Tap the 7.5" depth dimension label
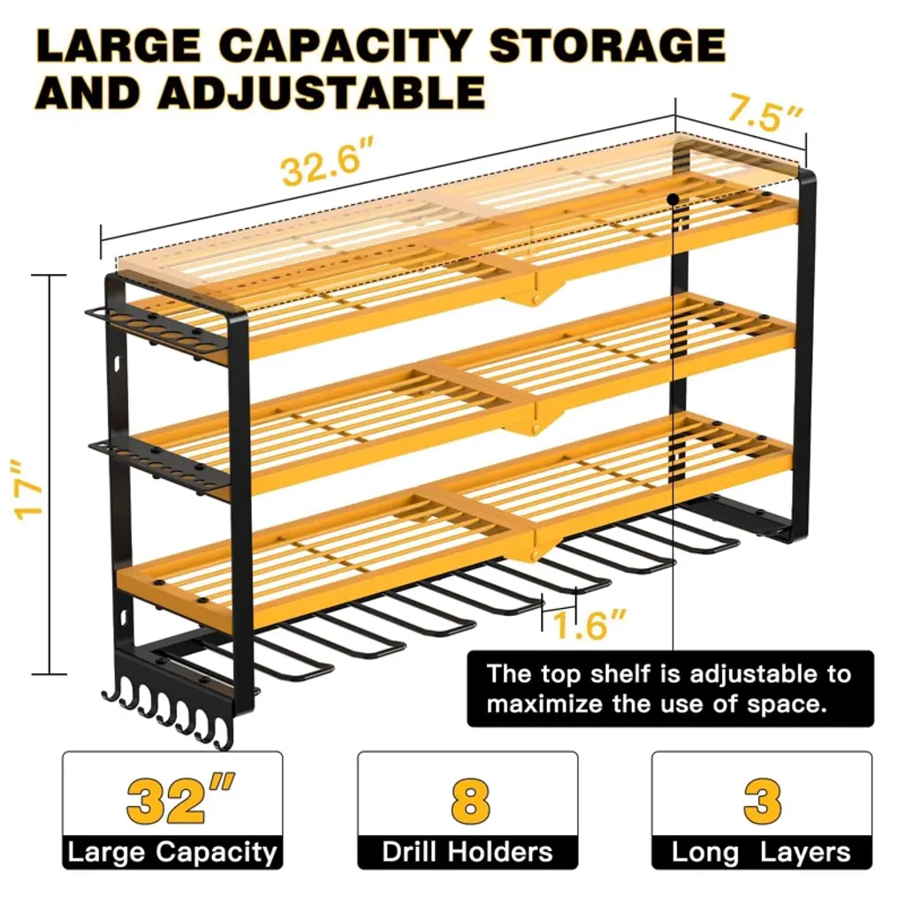tap(764, 114)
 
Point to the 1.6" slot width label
tap(589, 627)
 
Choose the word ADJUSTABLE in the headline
tap(322, 92)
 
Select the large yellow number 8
tap(468, 801)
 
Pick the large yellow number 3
tap(762, 801)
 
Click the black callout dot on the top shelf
tap(673, 199)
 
